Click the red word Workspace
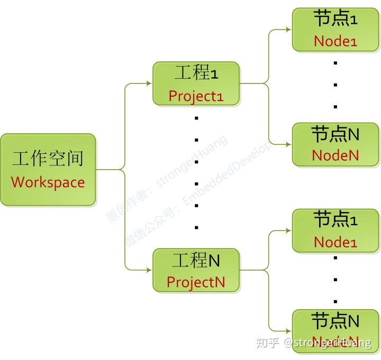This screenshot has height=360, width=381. (x=48, y=182)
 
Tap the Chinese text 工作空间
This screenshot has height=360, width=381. (x=48, y=159)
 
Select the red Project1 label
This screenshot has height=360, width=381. (x=196, y=96)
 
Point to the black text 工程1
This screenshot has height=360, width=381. (x=196, y=73)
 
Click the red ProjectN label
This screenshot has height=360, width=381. (x=196, y=282)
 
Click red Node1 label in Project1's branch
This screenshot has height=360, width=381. (x=335, y=41)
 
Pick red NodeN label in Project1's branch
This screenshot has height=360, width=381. (x=335, y=155)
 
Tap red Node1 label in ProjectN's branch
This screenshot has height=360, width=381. (x=335, y=242)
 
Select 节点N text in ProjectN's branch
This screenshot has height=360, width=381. (x=335, y=320)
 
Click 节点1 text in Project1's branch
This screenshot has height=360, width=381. (x=335, y=19)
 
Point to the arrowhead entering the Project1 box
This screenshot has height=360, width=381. (x=149, y=84)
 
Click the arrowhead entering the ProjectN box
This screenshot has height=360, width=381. (x=149, y=270)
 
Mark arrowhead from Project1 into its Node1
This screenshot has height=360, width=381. (x=289, y=29)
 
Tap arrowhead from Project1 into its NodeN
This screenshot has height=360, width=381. (x=289, y=144)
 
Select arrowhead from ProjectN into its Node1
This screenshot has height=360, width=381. (x=289, y=230)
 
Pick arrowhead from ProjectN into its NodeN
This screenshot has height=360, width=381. (x=289, y=330)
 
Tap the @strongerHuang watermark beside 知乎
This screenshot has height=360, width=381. (x=327, y=343)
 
